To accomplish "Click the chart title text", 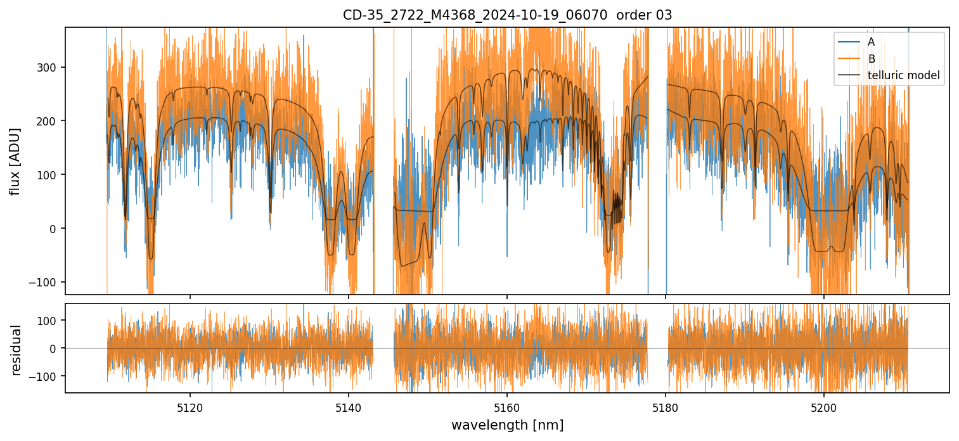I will [507, 15].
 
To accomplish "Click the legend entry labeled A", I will [871, 42].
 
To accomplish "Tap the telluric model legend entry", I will [903, 76].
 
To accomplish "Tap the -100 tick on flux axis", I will [47, 282].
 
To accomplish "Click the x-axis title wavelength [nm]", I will [507, 425].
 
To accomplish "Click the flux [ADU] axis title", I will [15, 161].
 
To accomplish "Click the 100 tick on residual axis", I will [49, 321].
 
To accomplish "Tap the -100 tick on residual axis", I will [47, 376].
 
